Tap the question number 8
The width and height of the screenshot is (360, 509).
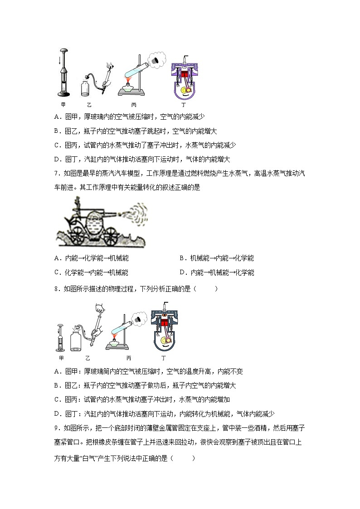pos(56,289)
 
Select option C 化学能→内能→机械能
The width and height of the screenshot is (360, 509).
pos(91,272)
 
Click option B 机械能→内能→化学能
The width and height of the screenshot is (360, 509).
pos(216,258)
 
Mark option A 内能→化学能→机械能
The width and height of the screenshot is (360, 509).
pos(91,258)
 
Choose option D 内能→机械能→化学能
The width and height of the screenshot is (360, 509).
pos(216,272)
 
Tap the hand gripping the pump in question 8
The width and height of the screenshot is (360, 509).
pos(100,309)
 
